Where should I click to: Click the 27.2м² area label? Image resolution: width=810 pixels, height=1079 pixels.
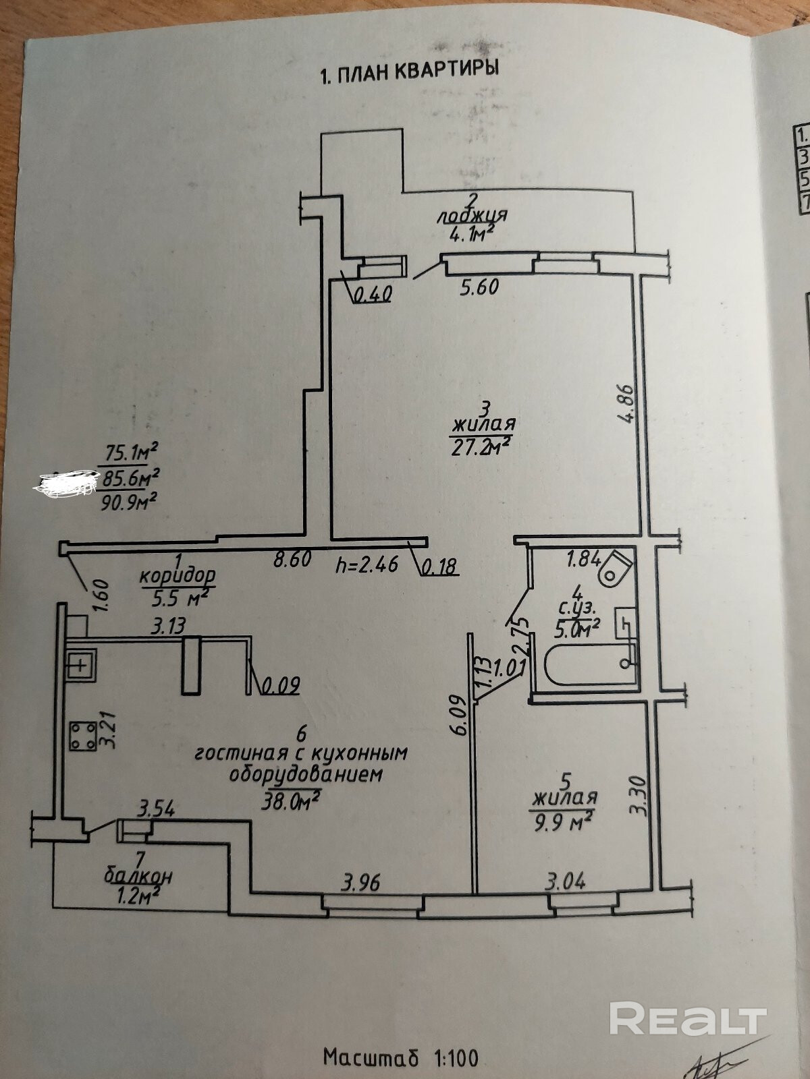pos(481,446)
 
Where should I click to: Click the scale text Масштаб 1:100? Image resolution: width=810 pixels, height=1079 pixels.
pos(401,1056)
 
